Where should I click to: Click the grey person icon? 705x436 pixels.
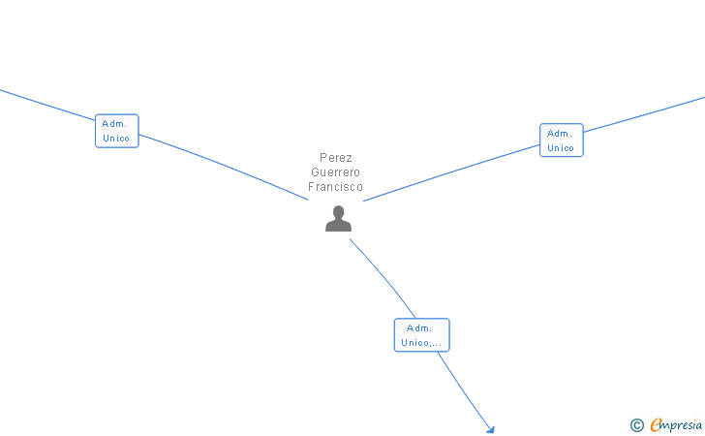click(338, 219)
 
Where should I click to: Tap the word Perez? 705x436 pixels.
click(336, 158)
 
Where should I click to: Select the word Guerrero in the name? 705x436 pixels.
click(336, 172)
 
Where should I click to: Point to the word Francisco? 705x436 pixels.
click(336, 187)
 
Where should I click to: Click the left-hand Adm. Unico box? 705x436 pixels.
click(116, 131)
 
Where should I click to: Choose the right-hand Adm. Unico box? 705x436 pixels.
click(561, 140)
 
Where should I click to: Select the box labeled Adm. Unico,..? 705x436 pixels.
click(421, 335)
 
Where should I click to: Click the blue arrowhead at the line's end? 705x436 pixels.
click(491, 430)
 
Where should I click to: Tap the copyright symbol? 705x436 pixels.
click(636, 424)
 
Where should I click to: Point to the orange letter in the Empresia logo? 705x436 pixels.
click(656, 425)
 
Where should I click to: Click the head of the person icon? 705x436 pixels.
click(338, 212)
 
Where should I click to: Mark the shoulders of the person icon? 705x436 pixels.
click(338, 226)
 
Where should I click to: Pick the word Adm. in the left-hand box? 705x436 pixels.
click(114, 124)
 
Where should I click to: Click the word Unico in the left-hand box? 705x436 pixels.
click(116, 139)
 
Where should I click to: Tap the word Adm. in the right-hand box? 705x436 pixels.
click(559, 134)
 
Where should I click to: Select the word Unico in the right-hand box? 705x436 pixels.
click(561, 148)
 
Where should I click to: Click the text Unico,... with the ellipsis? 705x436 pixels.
click(421, 343)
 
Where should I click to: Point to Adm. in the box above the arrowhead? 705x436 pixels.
click(418, 328)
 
